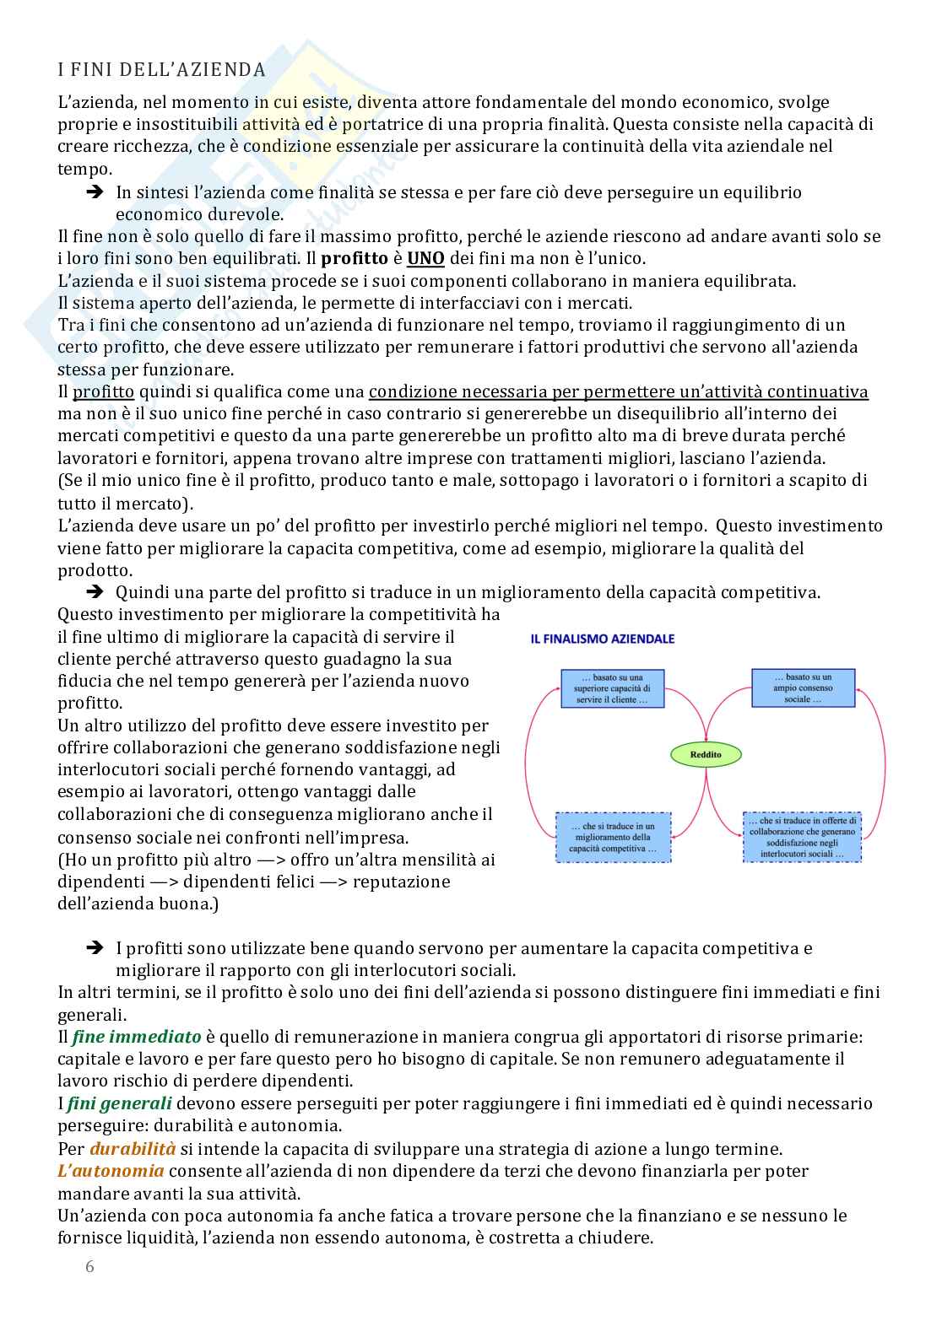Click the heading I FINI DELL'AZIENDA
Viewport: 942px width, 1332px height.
tap(161, 70)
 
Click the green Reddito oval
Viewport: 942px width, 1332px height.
tap(706, 754)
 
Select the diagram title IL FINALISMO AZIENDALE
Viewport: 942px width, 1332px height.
tap(603, 639)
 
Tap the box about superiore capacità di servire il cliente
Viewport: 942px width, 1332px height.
tap(612, 688)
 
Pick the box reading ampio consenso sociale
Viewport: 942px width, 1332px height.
tap(803, 688)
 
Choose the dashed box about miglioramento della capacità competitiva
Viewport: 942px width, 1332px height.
tap(613, 837)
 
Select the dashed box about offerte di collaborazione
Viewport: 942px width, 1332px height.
tap(802, 837)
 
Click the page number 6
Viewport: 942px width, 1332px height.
tap(90, 1266)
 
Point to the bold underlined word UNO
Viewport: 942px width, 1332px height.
tap(425, 258)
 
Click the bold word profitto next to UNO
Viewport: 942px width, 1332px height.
tap(355, 258)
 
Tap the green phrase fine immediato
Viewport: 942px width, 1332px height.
tap(137, 1037)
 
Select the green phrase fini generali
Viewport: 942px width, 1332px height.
tap(119, 1103)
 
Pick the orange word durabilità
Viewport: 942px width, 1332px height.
tap(133, 1148)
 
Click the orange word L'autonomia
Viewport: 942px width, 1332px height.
tap(111, 1171)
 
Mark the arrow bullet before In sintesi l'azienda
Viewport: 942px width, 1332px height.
tap(94, 192)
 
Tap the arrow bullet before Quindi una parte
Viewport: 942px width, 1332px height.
tap(94, 592)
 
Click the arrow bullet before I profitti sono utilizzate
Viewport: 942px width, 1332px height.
tap(94, 948)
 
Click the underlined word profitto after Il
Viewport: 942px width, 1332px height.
tap(103, 391)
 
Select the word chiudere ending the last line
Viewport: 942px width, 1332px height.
tap(617, 1238)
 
